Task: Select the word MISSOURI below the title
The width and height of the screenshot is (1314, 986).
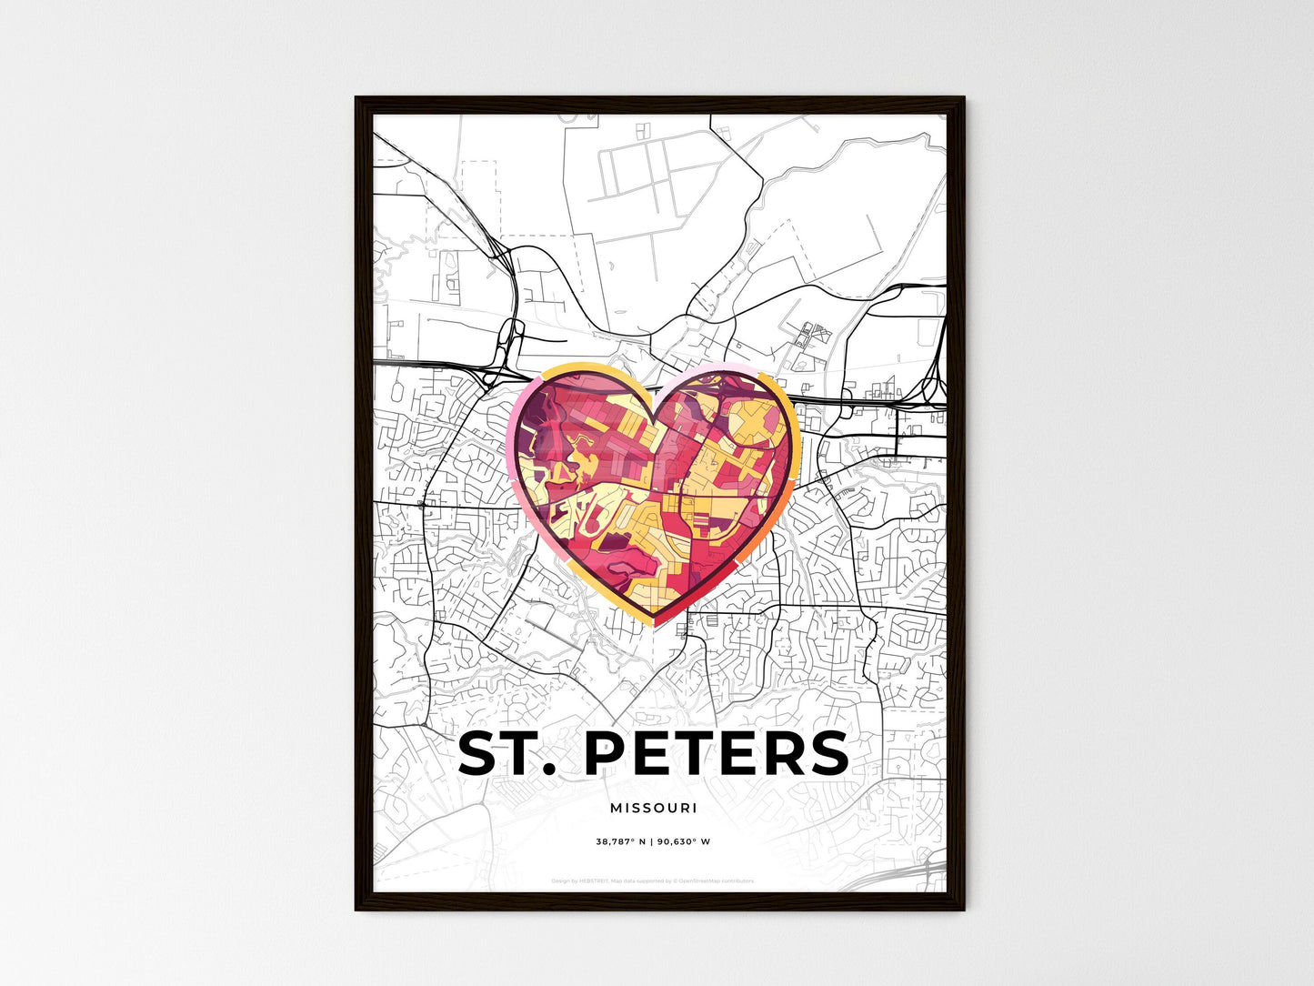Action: pyautogui.click(x=654, y=808)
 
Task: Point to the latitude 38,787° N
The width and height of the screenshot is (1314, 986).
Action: pyautogui.click(x=620, y=842)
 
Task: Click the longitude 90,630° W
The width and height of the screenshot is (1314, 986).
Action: pyautogui.click(x=689, y=842)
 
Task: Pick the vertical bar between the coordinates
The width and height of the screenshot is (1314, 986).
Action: pyautogui.click(x=654, y=842)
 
